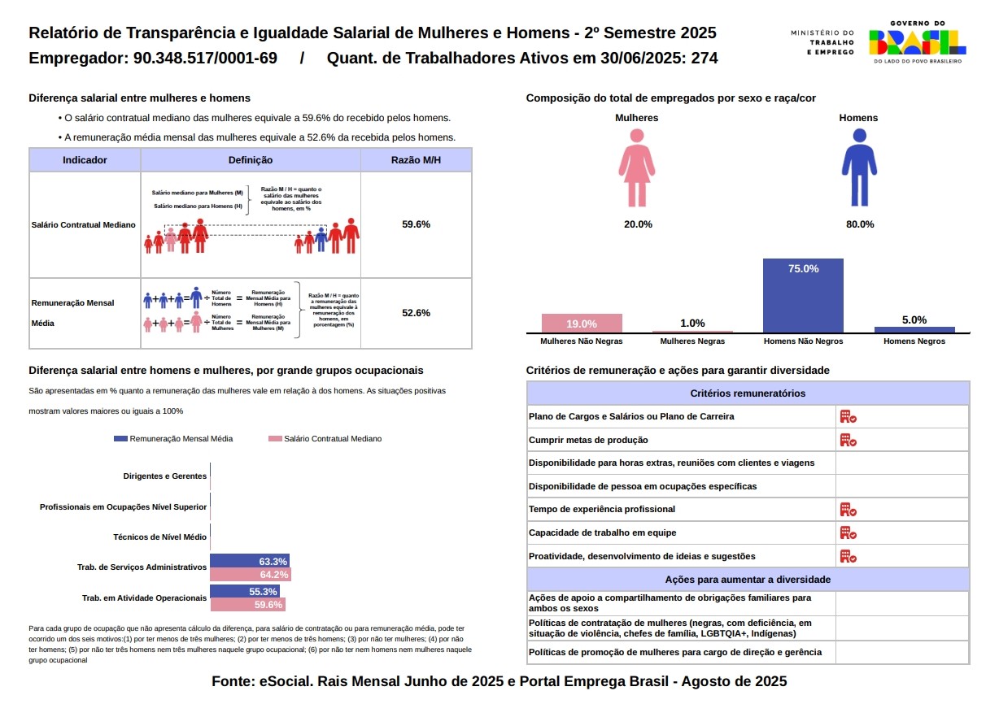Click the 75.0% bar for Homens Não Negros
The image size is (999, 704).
[803, 295]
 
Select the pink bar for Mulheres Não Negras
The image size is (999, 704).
[582, 323]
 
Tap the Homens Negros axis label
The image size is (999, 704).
[914, 341]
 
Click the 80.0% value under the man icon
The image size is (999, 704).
[859, 224]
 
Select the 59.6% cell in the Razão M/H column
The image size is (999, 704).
[416, 224]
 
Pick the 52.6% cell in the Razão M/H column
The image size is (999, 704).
[416, 312]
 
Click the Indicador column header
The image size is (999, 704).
[85, 160]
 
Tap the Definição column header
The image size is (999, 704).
[251, 160]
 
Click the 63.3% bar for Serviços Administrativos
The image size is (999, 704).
[250, 561]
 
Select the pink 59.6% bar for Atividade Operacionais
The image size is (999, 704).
[247, 605]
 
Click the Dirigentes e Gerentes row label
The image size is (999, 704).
[164, 476]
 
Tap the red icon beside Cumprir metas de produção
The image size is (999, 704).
[848, 440]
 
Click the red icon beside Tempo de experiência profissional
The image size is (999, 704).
[848, 510]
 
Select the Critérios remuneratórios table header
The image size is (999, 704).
[748, 393]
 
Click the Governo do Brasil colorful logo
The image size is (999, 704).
[917, 43]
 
